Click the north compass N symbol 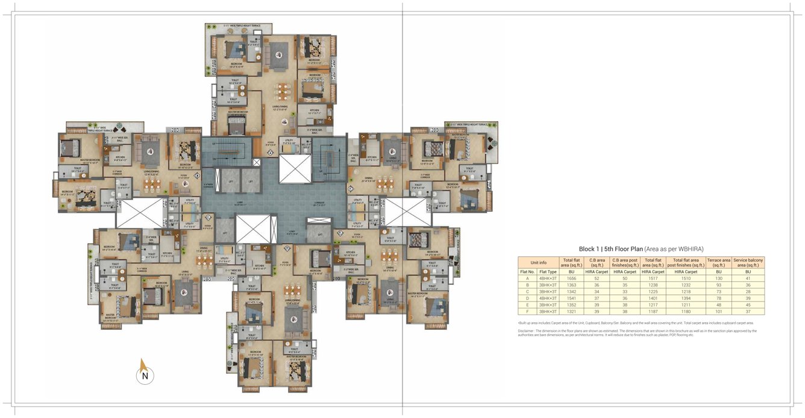tap(145, 376)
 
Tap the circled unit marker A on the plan tap(271, 153)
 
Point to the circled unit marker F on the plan tap(351, 188)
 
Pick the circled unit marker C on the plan tap(208, 217)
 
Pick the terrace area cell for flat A tap(718, 278)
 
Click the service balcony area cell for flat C tap(748, 291)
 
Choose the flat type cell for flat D tap(548, 298)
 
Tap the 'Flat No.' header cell tap(527, 271)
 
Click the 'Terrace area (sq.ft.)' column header tap(718, 262)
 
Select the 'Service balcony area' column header tap(748, 262)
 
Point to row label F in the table tap(527, 311)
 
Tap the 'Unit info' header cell tap(538, 262)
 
